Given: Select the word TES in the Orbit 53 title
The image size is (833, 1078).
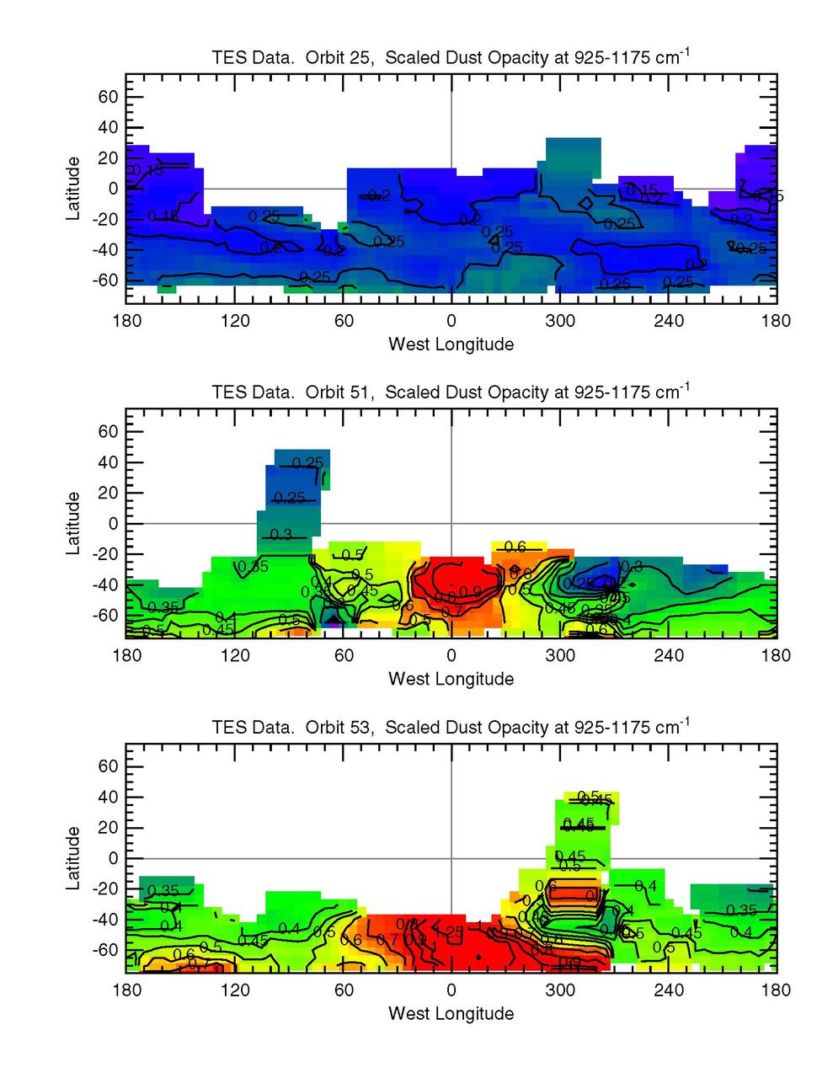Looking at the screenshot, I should pyautogui.click(x=227, y=727).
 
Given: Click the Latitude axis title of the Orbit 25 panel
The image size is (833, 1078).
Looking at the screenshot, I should pyautogui.click(x=74, y=188).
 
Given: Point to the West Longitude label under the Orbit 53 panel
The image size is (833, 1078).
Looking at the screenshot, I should pyautogui.click(x=451, y=1013).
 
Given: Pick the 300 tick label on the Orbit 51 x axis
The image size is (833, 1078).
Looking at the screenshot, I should pyautogui.click(x=559, y=656).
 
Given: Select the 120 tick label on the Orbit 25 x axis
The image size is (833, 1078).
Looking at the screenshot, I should pyautogui.click(x=235, y=321).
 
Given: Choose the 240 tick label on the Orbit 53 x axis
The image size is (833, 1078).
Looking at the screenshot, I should pyautogui.click(x=668, y=990).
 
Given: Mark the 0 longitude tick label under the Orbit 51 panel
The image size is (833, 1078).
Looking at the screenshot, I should pyautogui.click(x=451, y=656).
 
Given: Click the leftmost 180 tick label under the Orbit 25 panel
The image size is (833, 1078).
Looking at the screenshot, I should pyautogui.click(x=126, y=321).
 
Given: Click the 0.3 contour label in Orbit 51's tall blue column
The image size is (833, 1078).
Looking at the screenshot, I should pyautogui.click(x=281, y=535).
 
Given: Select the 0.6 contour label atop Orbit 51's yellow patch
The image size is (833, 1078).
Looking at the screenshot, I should pyautogui.click(x=515, y=547).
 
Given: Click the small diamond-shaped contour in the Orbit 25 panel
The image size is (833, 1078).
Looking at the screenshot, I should pyautogui.click(x=586, y=203).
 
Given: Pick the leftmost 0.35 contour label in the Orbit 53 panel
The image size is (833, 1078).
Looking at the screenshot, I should pyautogui.click(x=163, y=891).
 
